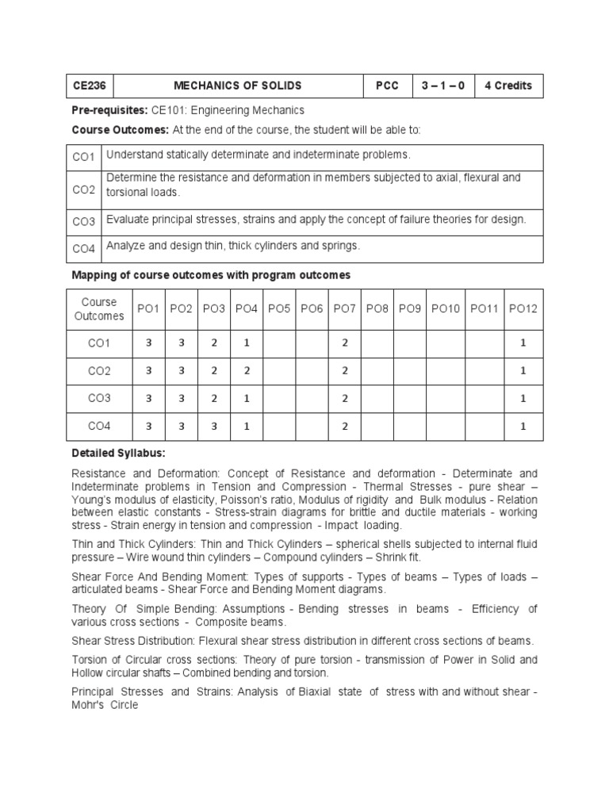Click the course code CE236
point(88,86)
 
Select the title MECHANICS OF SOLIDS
point(238,86)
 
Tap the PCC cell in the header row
point(388,86)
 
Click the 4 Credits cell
point(508,86)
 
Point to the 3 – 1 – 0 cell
point(443,86)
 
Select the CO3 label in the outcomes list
point(83,221)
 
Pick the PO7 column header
point(345,308)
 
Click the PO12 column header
point(523,308)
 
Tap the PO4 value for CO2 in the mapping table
point(247,371)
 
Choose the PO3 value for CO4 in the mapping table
point(213,427)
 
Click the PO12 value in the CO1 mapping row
point(523,343)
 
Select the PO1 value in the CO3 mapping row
point(148,399)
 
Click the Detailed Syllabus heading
point(118,453)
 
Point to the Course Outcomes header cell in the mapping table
point(99,308)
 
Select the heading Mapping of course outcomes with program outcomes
point(210,275)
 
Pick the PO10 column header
point(445,308)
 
